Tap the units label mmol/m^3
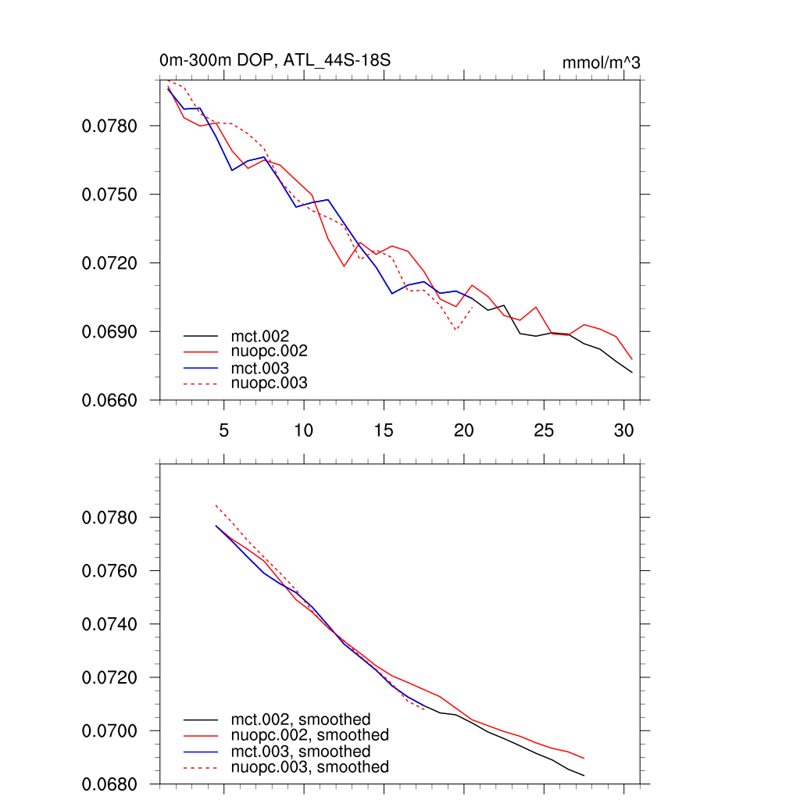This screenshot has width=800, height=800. point(601,62)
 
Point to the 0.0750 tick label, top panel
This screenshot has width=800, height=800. point(109,195)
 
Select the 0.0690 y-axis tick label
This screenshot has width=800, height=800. point(109,332)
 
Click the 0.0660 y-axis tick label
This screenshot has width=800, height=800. point(109,401)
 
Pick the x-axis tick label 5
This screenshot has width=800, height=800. point(224,430)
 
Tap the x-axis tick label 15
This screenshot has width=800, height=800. point(384,430)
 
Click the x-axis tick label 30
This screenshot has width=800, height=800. point(623,430)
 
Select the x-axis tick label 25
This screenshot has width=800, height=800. point(543,430)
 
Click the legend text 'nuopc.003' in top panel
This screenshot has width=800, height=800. point(269,383)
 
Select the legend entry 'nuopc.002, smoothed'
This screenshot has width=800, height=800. point(309,735)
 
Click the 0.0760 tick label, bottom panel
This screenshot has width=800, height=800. point(109,571)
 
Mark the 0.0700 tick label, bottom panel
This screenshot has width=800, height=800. point(109,731)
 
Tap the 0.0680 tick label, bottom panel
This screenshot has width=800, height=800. point(109,784)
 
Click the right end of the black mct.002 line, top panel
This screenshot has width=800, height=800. point(632,373)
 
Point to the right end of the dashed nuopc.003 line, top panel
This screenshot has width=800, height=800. point(473,307)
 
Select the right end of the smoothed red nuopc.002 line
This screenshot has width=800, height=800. point(584,759)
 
